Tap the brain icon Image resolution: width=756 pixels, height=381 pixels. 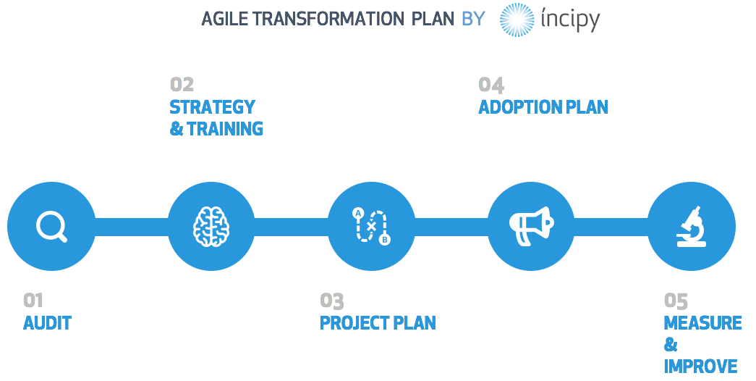211,227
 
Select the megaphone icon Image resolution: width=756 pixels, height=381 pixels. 531,226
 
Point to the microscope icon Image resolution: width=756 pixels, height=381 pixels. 692,227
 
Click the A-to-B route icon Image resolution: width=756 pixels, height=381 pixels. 371,226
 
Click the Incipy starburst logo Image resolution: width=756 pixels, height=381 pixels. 517,20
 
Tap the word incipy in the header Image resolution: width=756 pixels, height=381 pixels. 570,20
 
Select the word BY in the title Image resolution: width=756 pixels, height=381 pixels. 473,19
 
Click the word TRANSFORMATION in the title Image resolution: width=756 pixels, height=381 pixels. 329,19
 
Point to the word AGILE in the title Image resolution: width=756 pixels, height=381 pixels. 225,19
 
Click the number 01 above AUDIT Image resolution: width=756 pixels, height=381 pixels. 33,301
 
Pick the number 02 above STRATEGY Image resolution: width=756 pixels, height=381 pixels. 182,85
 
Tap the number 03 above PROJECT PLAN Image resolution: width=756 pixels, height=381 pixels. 332,301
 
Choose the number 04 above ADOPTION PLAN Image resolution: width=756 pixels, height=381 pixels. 491,85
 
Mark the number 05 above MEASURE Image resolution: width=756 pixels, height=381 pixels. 676,301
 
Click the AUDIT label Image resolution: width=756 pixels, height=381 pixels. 47,322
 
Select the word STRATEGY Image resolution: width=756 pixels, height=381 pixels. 212,106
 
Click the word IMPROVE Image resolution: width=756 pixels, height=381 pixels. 700,366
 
